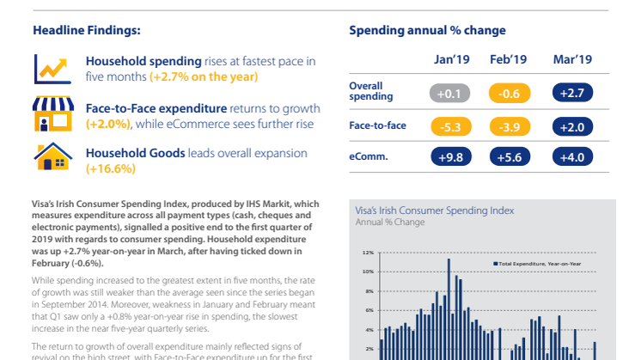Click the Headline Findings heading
[87, 30]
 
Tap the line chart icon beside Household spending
[52, 68]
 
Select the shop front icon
[52, 115]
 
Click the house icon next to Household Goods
[52, 159]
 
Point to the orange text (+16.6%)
[111, 168]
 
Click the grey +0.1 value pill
[450, 92]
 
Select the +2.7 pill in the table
[571, 92]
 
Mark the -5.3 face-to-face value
[450, 126]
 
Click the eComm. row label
[368, 156]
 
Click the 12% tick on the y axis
[368, 253]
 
